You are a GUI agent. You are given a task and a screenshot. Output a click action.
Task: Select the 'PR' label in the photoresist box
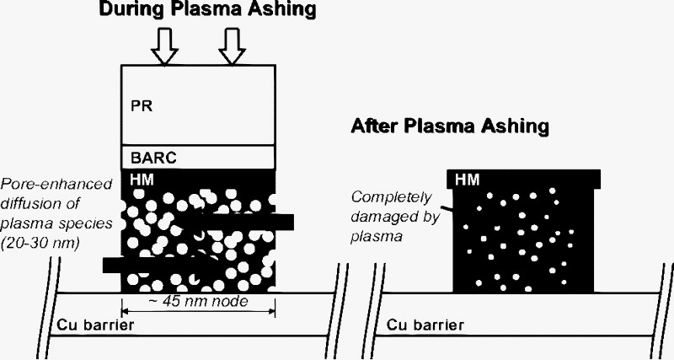[141, 108]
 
